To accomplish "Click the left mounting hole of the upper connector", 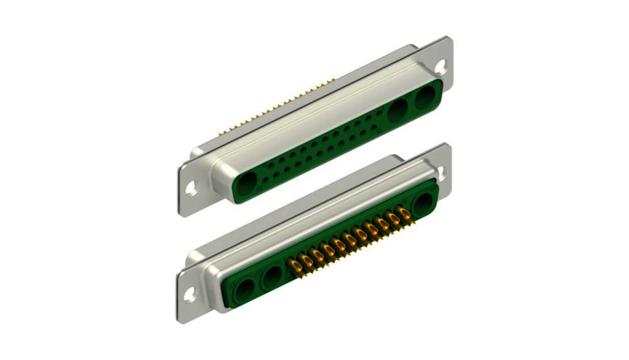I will [192, 187].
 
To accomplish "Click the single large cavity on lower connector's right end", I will [424, 203].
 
